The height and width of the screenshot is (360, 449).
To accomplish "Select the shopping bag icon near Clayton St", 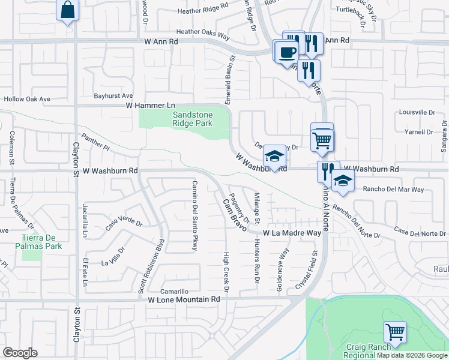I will click(68, 10).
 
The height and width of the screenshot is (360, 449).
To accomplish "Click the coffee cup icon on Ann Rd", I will click(287, 51).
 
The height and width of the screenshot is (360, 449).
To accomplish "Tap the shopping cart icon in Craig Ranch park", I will click(395, 331).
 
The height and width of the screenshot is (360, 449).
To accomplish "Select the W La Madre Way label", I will click(292, 232).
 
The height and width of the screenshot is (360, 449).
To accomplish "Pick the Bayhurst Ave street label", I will click(113, 95).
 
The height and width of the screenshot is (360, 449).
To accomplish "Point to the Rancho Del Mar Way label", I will click(394, 190).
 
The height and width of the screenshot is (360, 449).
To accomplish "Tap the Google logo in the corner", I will click(20, 353).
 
